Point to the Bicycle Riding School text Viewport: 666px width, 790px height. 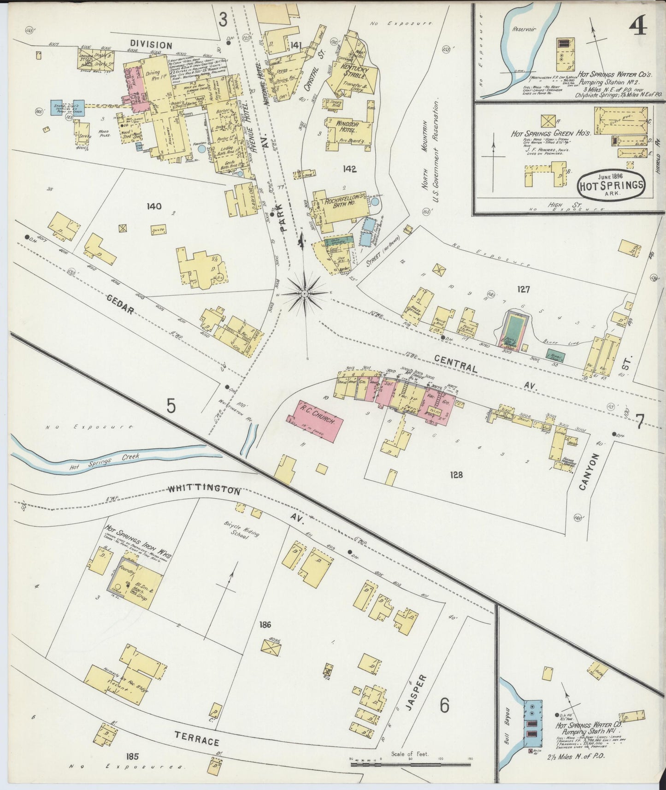pyautogui.click(x=242, y=531)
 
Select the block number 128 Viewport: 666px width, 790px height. pyautogui.click(x=456, y=474)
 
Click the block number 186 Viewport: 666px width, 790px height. pyautogui.click(x=265, y=625)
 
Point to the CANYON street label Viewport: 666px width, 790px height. pyautogui.click(x=588, y=471)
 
